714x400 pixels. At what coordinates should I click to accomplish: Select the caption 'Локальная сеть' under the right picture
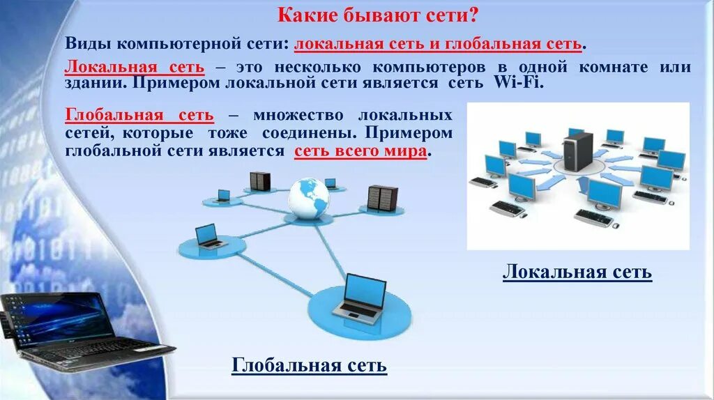point(577,272)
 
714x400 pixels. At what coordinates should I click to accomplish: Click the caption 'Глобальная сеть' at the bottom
point(309,365)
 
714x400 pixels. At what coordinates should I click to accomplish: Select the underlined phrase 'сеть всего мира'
point(360,151)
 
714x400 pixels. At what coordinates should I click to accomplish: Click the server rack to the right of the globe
point(382,198)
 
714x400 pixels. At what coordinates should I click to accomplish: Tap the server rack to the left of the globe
point(259,180)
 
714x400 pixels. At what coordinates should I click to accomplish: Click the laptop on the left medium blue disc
point(209,236)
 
